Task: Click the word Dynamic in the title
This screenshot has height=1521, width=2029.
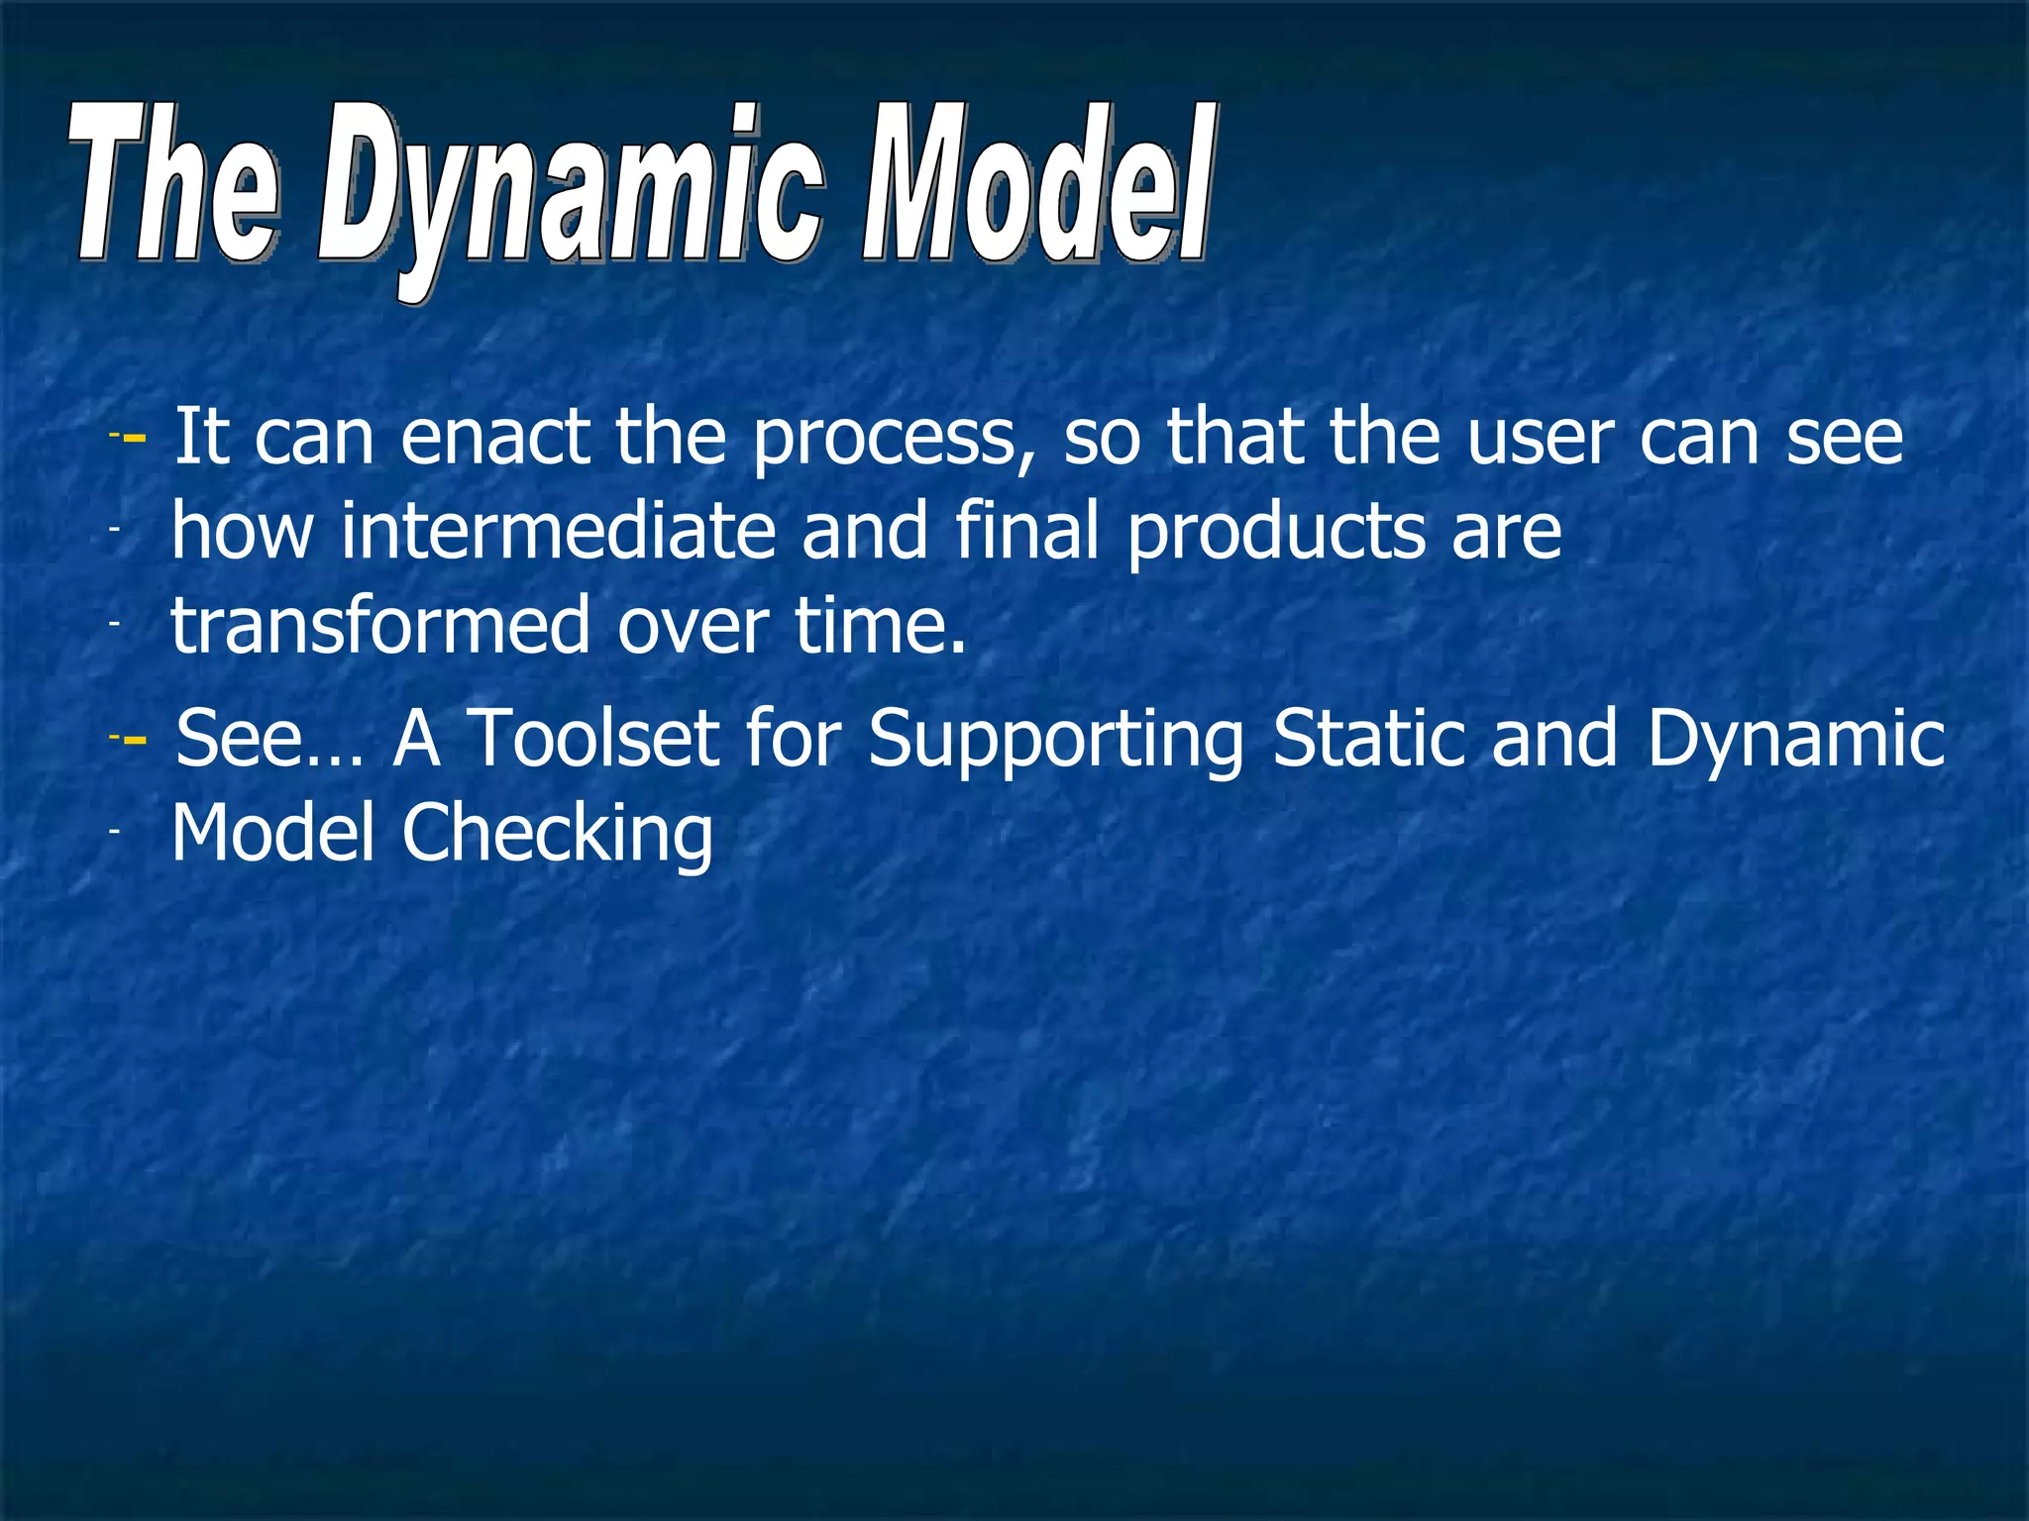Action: pos(570,193)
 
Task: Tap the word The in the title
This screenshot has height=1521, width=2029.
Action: pos(174,188)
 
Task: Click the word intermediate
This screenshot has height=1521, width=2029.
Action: pos(558,531)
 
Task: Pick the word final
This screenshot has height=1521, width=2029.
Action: pos(1026,531)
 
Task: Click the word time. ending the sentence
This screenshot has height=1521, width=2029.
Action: pos(880,626)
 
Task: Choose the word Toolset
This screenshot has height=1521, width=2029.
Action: pos(592,738)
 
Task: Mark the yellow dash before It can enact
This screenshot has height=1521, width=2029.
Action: pos(135,437)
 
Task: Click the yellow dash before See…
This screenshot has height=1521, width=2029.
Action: pos(135,739)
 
